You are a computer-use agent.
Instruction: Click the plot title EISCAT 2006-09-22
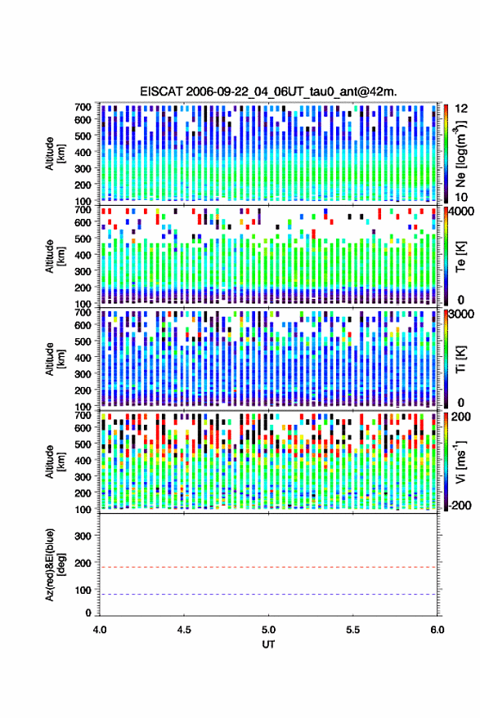pos(268,91)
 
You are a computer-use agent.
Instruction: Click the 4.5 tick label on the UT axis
pos(184,630)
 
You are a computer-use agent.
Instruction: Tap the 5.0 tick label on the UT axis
pos(269,630)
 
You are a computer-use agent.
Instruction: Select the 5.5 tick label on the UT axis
pos(353,630)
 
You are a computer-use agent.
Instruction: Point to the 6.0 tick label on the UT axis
pos(437,630)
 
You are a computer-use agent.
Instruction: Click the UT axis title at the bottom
pos(268,644)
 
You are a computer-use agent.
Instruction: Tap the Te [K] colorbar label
pos(460,256)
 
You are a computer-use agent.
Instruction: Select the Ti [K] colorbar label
pos(460,359)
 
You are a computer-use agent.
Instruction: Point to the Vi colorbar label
pos(460,462)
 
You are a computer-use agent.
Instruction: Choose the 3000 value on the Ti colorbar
pos(461,314)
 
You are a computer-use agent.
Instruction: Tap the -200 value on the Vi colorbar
pos(459,505)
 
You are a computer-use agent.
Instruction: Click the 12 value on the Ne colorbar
pos(460,109)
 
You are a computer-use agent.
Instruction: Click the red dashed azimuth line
pos(268,567)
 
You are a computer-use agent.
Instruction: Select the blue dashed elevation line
pos(268,595)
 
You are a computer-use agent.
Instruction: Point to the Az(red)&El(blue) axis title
pos(54,565)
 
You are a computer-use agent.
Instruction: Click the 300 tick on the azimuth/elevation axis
pos(83,536)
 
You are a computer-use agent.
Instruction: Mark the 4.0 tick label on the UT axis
pos(100,630)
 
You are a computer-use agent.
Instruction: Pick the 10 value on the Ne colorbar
pos(460,198)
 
